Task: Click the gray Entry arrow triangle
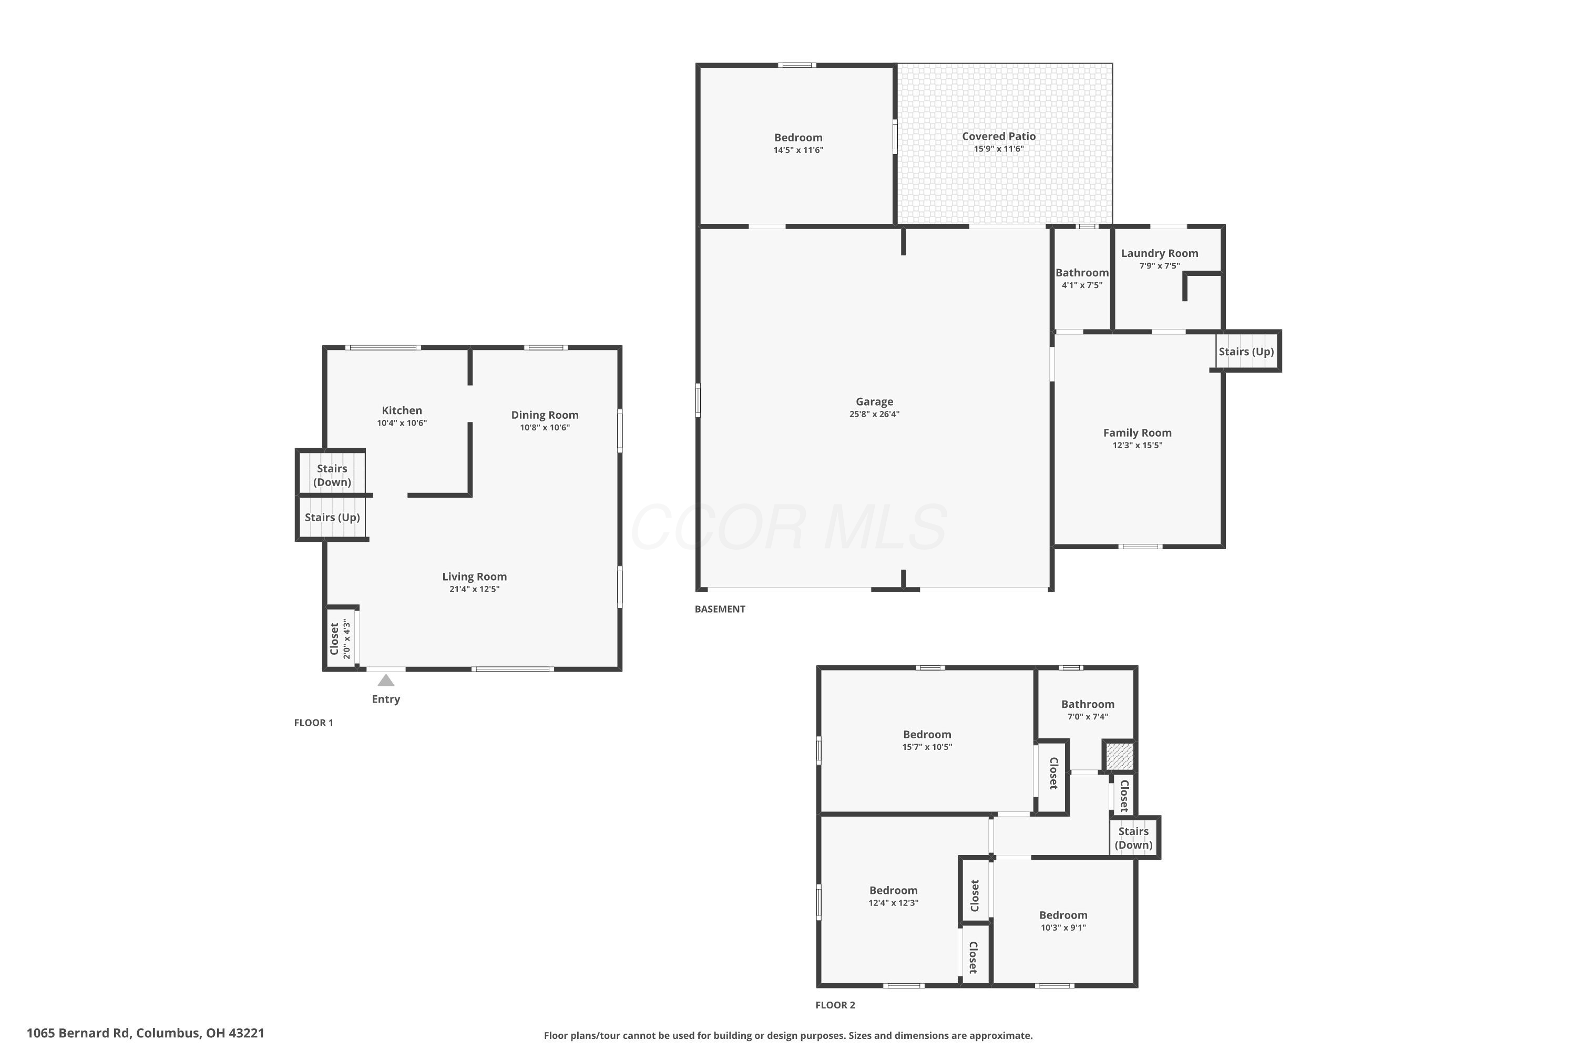click(385, 681)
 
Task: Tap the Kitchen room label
click(402, 410)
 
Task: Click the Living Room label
click(474, 576)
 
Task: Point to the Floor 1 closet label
click(334, 639)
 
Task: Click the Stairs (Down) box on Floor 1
click(332, 475)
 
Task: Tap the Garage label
click(874, 401)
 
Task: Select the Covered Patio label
click(998, 136)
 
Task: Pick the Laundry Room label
click(1159, 253)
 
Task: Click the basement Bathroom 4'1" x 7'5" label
click(1081, 278)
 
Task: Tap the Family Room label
click(1137, 433)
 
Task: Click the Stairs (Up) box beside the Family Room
click(1246, 351)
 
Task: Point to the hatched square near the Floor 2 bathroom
click(1119, 756)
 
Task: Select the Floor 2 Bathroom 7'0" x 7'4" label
click(1088, 709)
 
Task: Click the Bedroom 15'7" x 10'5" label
click(927, 740)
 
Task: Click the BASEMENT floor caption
click(720, 609)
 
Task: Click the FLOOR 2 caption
click(835, 1005)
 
